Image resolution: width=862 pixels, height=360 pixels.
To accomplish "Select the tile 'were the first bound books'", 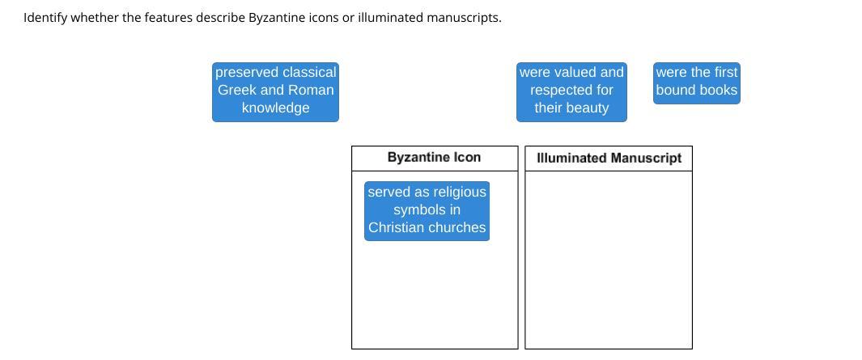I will click(696, 83).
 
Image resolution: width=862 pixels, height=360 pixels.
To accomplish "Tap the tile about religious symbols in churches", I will click(427, 210).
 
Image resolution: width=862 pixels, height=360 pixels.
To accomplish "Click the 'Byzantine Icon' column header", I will click(434, 158).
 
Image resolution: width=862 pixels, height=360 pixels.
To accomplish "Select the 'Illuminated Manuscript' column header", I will click(609, 159).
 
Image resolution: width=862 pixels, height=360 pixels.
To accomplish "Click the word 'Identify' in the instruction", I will click(45, 17).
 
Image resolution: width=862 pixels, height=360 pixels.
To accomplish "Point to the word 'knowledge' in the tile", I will click(275, 108).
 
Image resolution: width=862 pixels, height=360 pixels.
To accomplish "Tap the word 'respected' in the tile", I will click(562, 90).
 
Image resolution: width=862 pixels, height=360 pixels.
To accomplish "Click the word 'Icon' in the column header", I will click(467, 158).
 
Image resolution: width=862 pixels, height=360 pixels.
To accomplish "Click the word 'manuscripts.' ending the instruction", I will click(464, 17).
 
